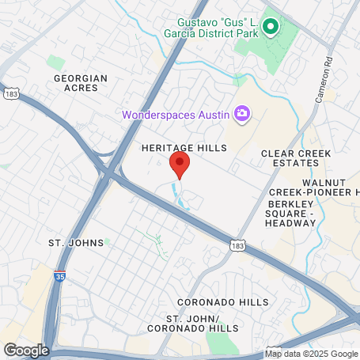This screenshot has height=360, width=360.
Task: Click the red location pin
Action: tap(180, 164)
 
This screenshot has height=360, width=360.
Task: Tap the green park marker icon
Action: tap(271, 28)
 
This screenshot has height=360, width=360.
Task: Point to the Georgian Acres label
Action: tap(76, 83)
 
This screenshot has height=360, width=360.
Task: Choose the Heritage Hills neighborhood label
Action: tap(184, 148)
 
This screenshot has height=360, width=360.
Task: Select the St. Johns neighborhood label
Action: tap(76, 242)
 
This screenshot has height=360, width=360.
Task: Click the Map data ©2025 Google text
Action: tap(311, 353)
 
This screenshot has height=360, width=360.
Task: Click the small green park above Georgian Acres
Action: tap(55, 62)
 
